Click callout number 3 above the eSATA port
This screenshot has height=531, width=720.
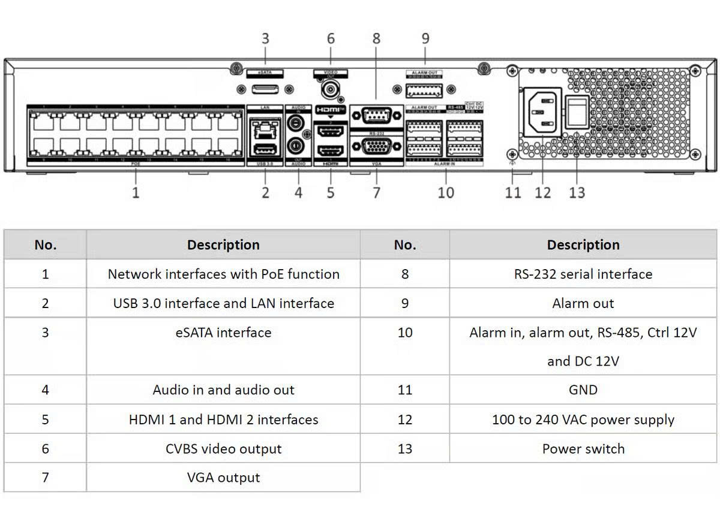point(265,39)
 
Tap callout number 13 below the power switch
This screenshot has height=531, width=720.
point(577,192)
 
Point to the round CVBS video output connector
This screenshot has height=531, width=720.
point(329,90)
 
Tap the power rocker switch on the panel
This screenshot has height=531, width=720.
point(577,111)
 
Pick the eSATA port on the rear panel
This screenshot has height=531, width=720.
point(265,89)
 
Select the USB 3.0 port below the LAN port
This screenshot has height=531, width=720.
point(265,149)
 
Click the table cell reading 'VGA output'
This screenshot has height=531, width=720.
point(223,478)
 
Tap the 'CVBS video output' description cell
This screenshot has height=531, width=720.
point(223,449)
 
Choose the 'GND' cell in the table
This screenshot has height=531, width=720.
point(583,390)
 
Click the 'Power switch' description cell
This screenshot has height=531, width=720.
point(583,449)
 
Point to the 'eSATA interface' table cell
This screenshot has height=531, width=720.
point(223,333)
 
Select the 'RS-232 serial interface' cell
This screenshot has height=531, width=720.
point(583,274)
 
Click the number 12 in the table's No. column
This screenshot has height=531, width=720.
point(405,420)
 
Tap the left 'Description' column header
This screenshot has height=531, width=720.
point(223,245)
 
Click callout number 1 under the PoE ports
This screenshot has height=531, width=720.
point(136,192)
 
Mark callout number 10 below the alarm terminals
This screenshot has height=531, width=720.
point(446,192)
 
